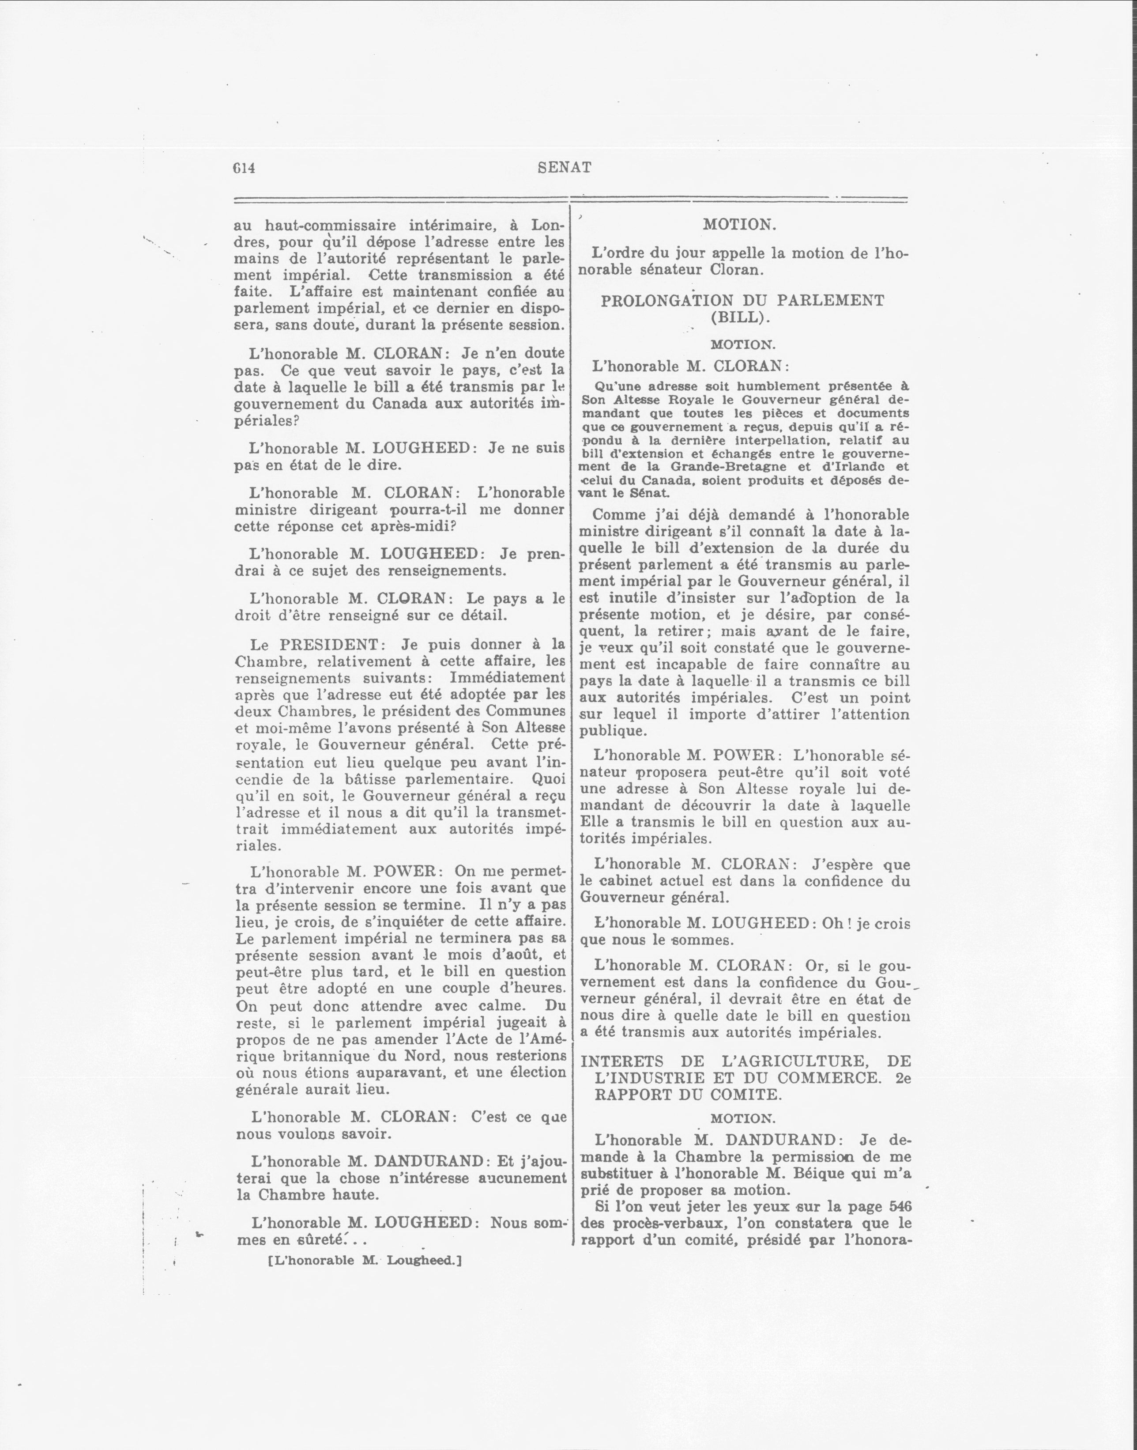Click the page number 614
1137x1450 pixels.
tap(244, 168)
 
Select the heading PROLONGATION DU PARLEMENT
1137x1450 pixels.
tap(742, 300)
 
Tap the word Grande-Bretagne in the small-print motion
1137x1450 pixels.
tap(727, 467)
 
